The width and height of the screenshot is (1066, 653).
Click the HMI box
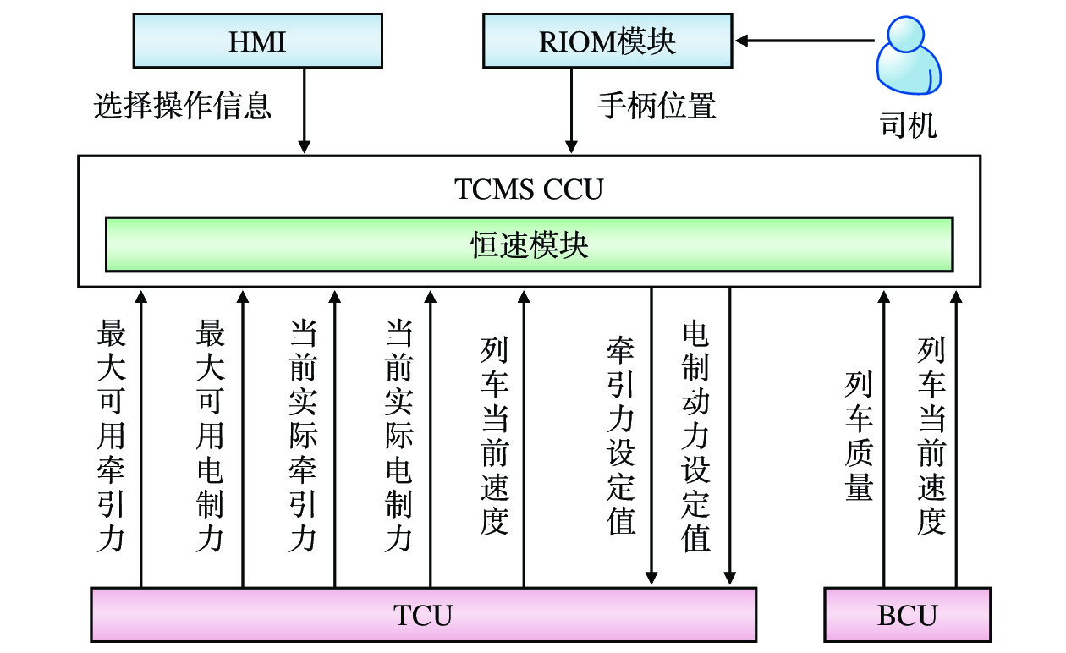pos(257,41)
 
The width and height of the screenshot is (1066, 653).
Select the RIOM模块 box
pos(607,41)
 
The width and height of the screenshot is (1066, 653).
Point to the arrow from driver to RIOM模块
pos(804,40)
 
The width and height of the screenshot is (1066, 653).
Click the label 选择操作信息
pos(183,106)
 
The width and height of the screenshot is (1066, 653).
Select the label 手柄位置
pos(657,106)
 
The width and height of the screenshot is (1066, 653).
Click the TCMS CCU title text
pos(529,189)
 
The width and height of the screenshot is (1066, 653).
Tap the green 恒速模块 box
pos(529,244)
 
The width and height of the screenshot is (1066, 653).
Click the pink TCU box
pos(423,615)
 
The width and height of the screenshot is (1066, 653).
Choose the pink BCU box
pos(907,615)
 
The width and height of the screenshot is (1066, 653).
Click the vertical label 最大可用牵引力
pos(112,436)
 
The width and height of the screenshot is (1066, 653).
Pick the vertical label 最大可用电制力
pos(210,436)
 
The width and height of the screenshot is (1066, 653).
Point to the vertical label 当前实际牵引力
pos(303,436)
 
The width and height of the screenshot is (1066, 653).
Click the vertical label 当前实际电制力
pos(398,436)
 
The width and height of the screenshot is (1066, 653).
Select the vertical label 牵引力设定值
pos(621,436)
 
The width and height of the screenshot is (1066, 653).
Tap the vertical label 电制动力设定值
pos(695,436)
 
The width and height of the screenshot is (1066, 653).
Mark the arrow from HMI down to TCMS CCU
pos(305,110)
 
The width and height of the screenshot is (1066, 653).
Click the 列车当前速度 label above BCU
pos(931,436)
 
